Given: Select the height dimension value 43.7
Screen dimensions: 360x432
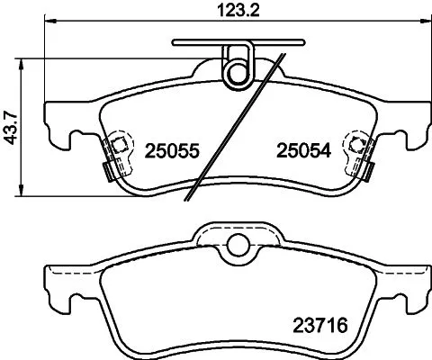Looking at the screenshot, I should [x=12, y=126].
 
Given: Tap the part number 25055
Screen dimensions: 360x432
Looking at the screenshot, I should [x=170, y=153].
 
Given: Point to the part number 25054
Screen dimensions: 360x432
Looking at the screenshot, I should [x=301, y=153].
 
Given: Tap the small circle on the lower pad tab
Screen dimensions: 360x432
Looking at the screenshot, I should [x=238, y=245].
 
